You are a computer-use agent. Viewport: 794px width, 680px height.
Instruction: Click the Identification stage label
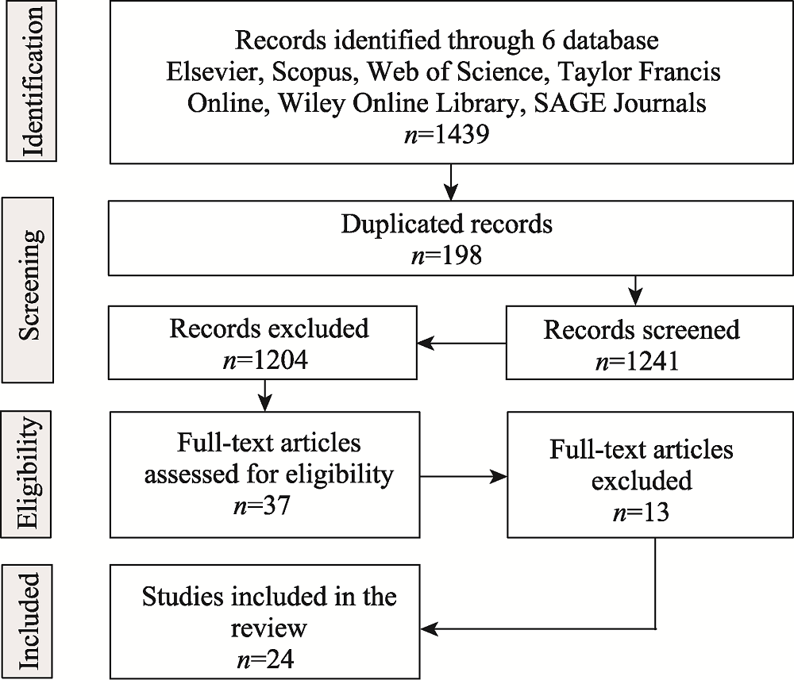click(32, 82)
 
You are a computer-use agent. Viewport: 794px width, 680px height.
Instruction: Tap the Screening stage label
click(29, 290)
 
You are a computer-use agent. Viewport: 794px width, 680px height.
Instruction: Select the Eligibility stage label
click(27, 474)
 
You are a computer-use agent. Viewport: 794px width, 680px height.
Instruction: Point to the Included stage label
click(27, 621)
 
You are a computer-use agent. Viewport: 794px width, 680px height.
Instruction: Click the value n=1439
click(447, 134)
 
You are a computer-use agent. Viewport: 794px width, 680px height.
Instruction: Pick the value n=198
click(446, 255)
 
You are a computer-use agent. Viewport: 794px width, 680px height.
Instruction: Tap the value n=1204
click(265, 361)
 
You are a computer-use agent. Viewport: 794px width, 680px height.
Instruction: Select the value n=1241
click(638, 362)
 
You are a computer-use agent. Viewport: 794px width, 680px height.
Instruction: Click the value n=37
click(262, 505)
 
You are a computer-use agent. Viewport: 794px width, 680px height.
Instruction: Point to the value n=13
click(641, 513)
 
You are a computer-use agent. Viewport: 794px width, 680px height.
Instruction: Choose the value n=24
click(265, 659)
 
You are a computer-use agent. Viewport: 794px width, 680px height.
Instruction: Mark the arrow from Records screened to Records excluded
click(461, 343)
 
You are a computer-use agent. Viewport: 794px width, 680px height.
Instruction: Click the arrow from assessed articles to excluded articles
click(464, 476)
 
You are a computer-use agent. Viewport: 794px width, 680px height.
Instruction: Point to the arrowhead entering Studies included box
click(429, 629)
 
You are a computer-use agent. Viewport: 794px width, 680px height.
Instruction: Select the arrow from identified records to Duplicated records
click(451, 182)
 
